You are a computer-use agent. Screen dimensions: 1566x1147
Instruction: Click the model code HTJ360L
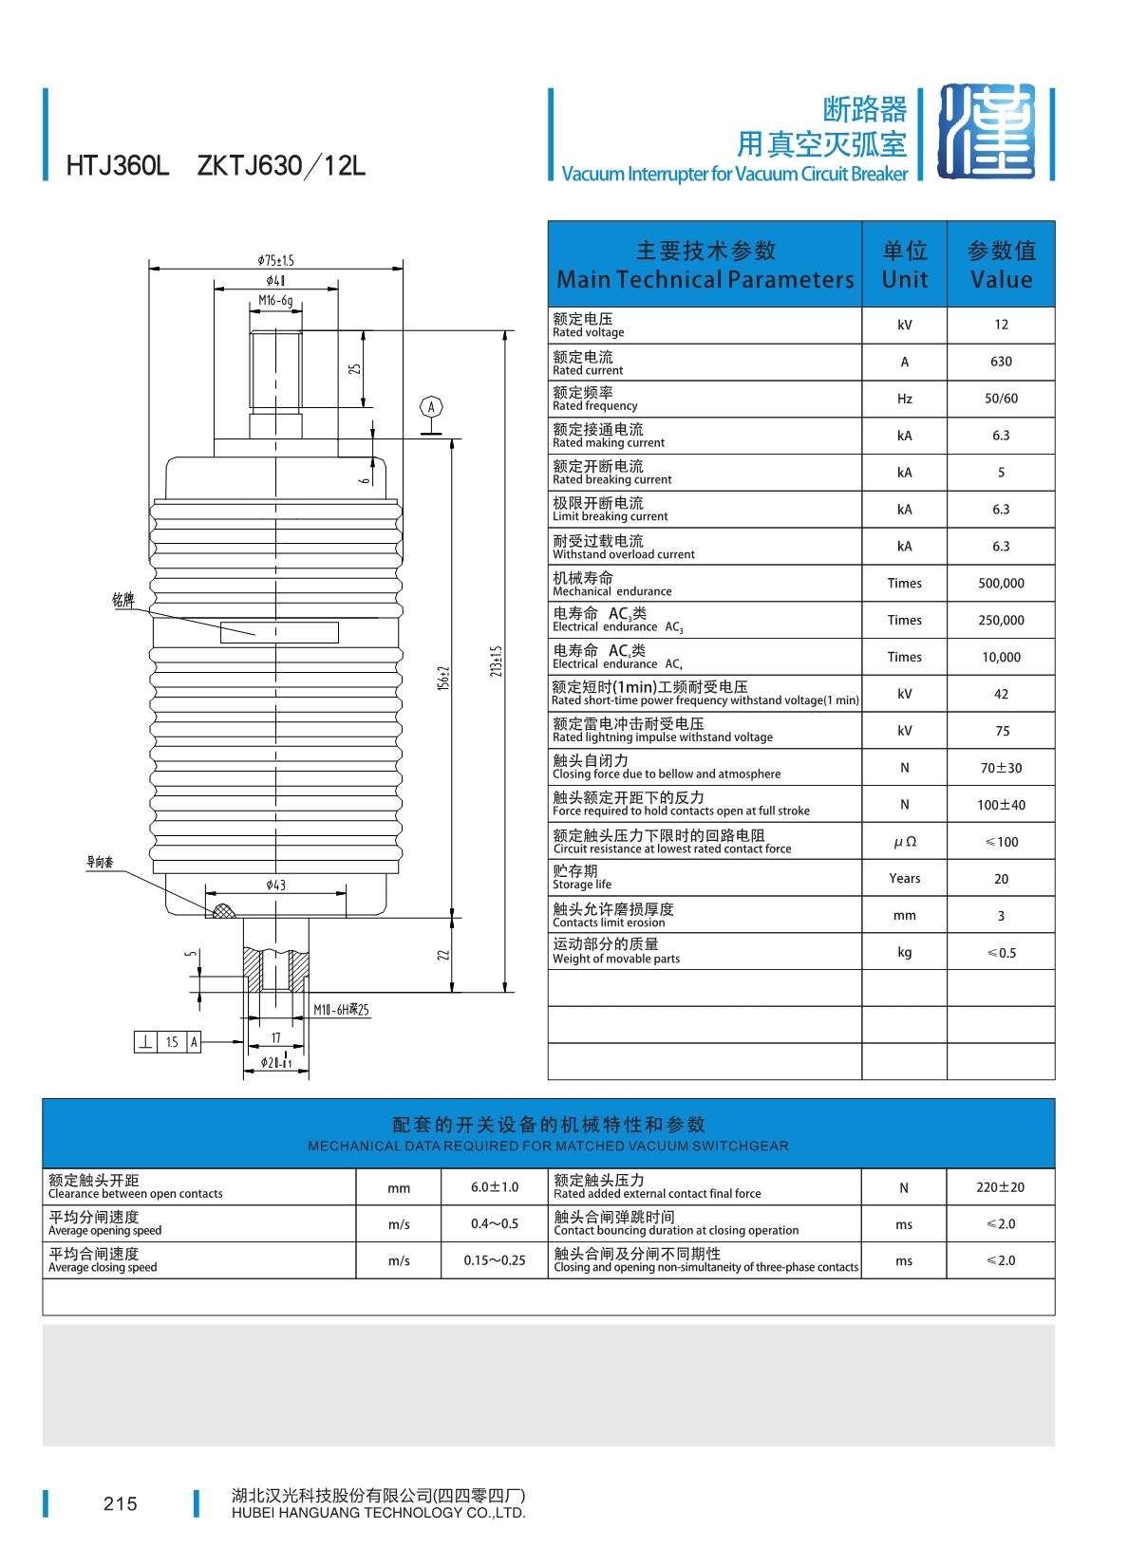pyautogui.click(x=117, y=166)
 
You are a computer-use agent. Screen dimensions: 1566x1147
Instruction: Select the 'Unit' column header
pyautogui.click(x=904, y=265)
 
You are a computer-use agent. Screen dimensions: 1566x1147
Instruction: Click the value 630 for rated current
pyautogui.click(x=1001, y=362)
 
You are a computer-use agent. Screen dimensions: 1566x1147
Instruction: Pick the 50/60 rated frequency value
pyautogui.click(x=1001, y=399)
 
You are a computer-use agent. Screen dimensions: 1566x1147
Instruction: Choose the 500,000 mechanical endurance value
pyautogui.click(x=1001, y=584)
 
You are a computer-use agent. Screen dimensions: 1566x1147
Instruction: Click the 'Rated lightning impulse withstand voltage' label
pyautogui.click(x=663, y=737)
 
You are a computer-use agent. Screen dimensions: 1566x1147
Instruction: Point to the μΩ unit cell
pyautogui.click(x=904, y=842)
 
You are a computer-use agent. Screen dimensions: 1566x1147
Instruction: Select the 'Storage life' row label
pyautogui.click(x=582, y=885)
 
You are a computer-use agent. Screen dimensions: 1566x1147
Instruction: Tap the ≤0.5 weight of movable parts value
pyautogui.click(x=1001, y=953)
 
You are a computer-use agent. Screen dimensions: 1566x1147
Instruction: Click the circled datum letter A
pyautogui.click(x=431, y=407)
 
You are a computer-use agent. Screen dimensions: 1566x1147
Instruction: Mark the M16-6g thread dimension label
pyautogui.click(x=275, y=301)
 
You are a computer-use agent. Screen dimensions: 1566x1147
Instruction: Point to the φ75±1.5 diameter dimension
pyautogui.click(x=275, y=260)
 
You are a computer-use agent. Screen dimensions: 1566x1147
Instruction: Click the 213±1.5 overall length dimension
pyautogui.click(x=496, y=661)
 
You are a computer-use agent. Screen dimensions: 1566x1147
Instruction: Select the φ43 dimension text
pyautogui.click(x=275, y=885)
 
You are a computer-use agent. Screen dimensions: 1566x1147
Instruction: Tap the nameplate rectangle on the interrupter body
pyautogui.click(x=279, y=632)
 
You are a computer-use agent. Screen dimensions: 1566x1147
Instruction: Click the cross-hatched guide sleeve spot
pyautogui.click(x=223, y=912)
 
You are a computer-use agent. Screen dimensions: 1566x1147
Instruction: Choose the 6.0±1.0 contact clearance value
pyautogui.click(x=495, y=1187)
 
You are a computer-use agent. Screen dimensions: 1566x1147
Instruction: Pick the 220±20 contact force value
pyautogui.click(x=1000, y=1187)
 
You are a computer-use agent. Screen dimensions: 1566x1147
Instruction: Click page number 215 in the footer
pyautogui.click(x=121, y=1503)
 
